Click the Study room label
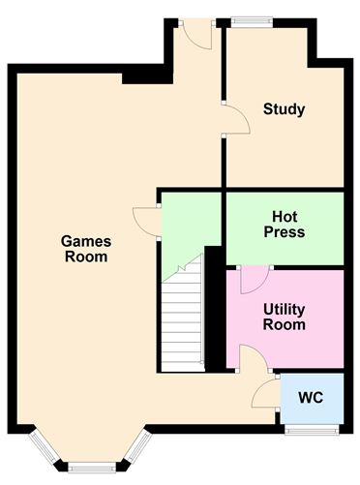pos(284,109)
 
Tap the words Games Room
pos(86,249)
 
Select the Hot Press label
pos(285,225)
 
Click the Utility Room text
pos(285,317)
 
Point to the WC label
pos(311,398)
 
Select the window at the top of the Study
pos(252,21)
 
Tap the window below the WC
pos(312,430)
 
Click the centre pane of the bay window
pos(92,468)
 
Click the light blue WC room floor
pos(312,399)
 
